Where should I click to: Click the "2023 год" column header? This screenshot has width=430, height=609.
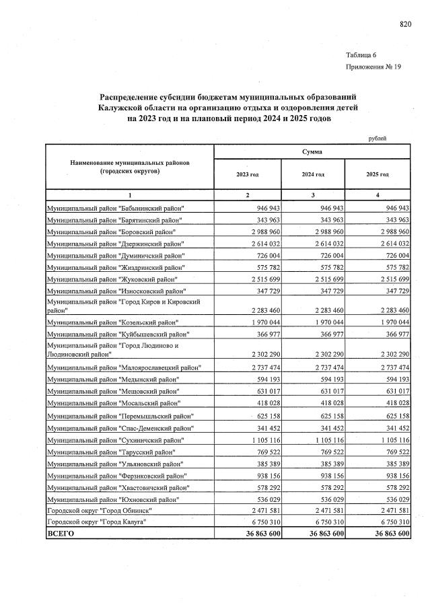pos(247,174)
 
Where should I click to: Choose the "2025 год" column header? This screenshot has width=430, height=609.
pos(378,174)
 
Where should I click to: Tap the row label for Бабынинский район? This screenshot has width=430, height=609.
pos(114,209)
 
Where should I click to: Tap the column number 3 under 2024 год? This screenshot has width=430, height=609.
pos(312,194)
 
